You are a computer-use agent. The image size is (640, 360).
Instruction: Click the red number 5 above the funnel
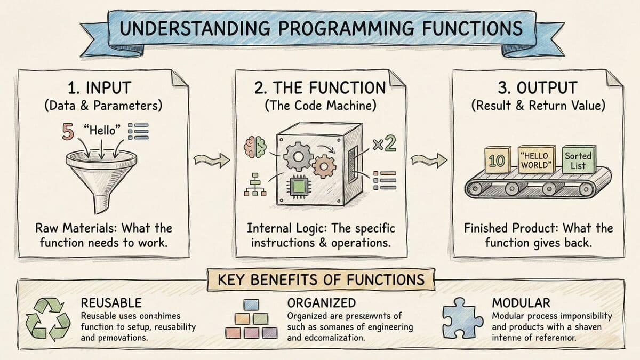tap(68, 131)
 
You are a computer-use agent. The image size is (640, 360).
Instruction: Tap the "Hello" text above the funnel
tap(102, 130)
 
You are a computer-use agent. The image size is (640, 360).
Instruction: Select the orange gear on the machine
tap(323, 166)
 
